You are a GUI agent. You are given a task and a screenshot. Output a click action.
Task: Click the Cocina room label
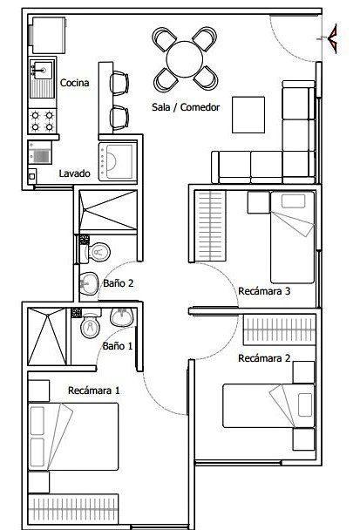pos(75,83)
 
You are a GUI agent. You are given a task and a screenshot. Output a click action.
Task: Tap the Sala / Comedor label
pos(186,107)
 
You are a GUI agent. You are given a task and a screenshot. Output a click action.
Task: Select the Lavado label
pos(75,173)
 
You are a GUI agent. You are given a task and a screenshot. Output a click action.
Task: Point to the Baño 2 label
pos(119,283)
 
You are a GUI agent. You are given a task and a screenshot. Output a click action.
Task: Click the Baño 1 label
pos(118,346)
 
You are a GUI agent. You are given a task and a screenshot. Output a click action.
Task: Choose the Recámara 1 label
pos(94,391)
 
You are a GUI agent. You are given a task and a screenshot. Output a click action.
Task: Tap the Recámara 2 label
pos(264,358)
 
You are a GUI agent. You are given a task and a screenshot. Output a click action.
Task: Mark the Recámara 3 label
pos(264,291)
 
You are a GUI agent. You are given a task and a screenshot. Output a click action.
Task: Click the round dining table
pos(185,59)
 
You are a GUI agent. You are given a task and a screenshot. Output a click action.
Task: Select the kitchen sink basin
pos(42,70)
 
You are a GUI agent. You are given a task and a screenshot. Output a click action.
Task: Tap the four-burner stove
pos(42,121)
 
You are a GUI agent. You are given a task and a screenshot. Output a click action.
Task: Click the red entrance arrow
pos(332,38)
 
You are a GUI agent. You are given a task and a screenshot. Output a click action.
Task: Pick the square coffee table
pos(248,115)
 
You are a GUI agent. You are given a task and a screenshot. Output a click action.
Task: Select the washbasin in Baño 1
pos(122,317)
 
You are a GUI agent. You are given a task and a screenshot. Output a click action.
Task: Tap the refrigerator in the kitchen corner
pos(48,35)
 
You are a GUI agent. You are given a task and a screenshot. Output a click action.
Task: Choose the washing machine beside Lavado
pos(118,161)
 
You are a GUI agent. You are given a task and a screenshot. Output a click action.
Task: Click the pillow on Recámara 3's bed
pos(294,201)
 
